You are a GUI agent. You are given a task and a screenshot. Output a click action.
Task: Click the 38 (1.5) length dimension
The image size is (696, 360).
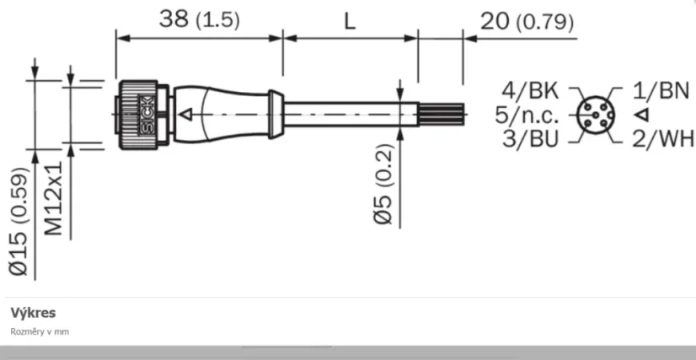[x=200, y=20]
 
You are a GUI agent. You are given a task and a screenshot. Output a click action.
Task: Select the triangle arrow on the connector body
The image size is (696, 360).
[x=190, y=113]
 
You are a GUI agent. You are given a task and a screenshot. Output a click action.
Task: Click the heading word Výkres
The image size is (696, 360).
[x=33, y=313]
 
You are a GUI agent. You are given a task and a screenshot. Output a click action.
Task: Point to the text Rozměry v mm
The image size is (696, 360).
[x=40, y=331]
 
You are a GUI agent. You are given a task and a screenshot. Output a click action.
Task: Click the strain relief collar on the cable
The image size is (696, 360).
[x=274, y=114]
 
